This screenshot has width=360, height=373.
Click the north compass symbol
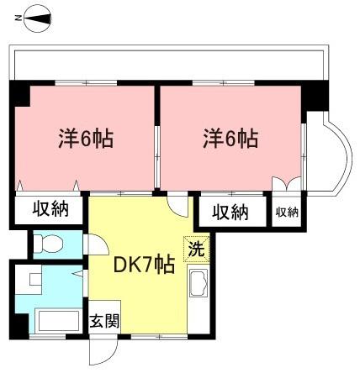coord(38,18)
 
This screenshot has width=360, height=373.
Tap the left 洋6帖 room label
coord(86,139)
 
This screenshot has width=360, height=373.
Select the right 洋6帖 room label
coord(230,139)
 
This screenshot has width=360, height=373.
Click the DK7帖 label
coord(144,265)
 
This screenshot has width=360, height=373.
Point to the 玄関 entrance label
coord(104,321)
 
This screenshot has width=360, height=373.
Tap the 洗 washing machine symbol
coord(197,249)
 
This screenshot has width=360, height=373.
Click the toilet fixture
coord(48,243)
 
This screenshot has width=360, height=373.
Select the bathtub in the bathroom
coord(58,321)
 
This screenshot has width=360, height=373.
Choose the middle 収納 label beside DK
coord(230,212)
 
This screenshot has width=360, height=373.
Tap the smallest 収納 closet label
coord(287,213)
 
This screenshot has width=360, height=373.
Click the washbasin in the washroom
coord(35,279)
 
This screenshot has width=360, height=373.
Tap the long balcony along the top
coord(169,63)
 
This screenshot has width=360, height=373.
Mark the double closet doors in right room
coord(287,184)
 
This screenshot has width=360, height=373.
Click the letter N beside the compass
coord(18,18)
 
